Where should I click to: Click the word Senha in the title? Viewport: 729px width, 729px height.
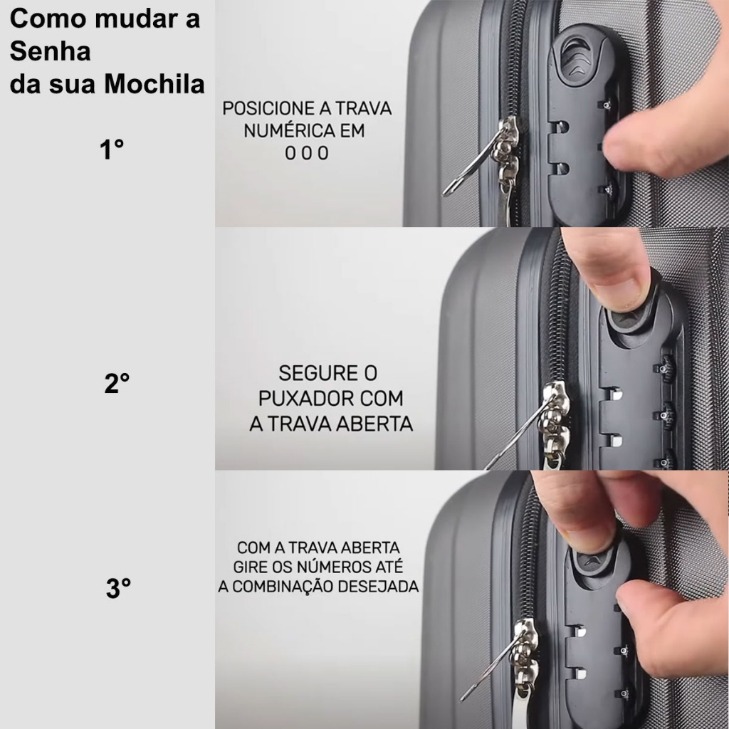click(x=51, y=51)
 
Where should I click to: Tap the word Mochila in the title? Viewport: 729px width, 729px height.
click(x=154, y=84)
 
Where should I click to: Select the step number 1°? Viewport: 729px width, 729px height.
click(x=112, y=150)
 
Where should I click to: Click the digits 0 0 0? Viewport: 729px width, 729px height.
click(x=307, y=153)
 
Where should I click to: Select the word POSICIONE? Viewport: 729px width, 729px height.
click(x=268, y=108)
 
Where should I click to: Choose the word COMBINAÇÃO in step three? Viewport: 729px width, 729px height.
click(x=281, y=587)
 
